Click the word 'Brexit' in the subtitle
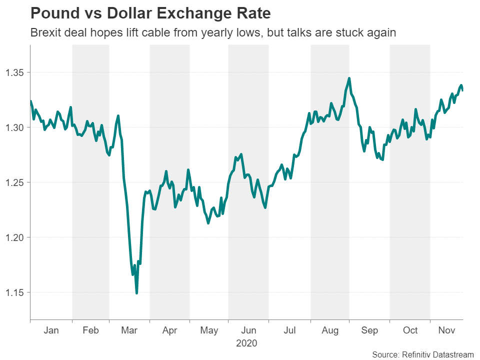point(46,33)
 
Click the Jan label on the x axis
point(51,330)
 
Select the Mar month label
point(129,330)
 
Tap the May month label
point(209,330)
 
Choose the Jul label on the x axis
point(289,330)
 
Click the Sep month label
point(369,330)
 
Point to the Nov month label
point(446,330)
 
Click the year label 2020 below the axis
point(246,343)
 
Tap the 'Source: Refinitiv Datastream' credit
point(423,354)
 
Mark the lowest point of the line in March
point(136,293)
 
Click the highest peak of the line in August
point(349,78)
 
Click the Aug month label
point(330,330)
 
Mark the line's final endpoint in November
point(462,90)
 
